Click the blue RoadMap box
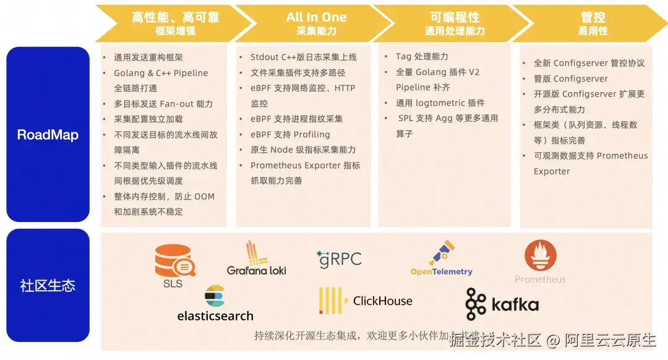[x=48, y=134]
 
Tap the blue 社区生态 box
[x=48, y=285]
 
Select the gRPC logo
[x=339, y=259]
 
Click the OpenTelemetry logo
[x=442, y=259]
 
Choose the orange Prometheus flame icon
[x=541, y=256]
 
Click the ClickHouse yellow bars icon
[x=331, y=301]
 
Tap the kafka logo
[x=502, y=304]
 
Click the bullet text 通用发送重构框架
[x=148, y=58]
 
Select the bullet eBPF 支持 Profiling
[x=290, y=134]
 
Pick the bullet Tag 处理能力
[x=422, y=56]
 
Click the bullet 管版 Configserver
[x=571, y=79]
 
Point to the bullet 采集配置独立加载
[x=148, y=119]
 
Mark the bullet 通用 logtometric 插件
[x=440, y=103]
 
